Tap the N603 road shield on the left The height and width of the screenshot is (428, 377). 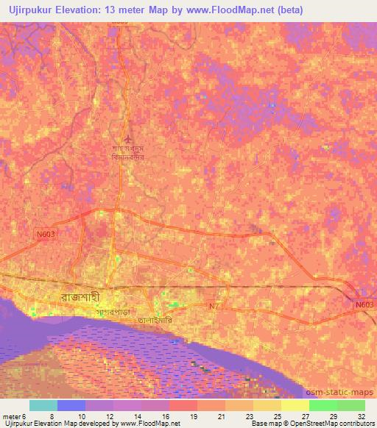pyautogui.click(x=46, y=233)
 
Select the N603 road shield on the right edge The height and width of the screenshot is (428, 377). pyautogui.click(x=364, y=304)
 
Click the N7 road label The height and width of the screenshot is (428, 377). pyautogui.click(x=214, y=305)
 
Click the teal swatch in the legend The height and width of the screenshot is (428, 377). pyautogui.click(x=43, y=405)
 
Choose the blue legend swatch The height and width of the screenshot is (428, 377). pyautogui.click(x=71, y=405)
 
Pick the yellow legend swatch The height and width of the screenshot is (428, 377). pyautogui.click(x=295, y=405)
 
